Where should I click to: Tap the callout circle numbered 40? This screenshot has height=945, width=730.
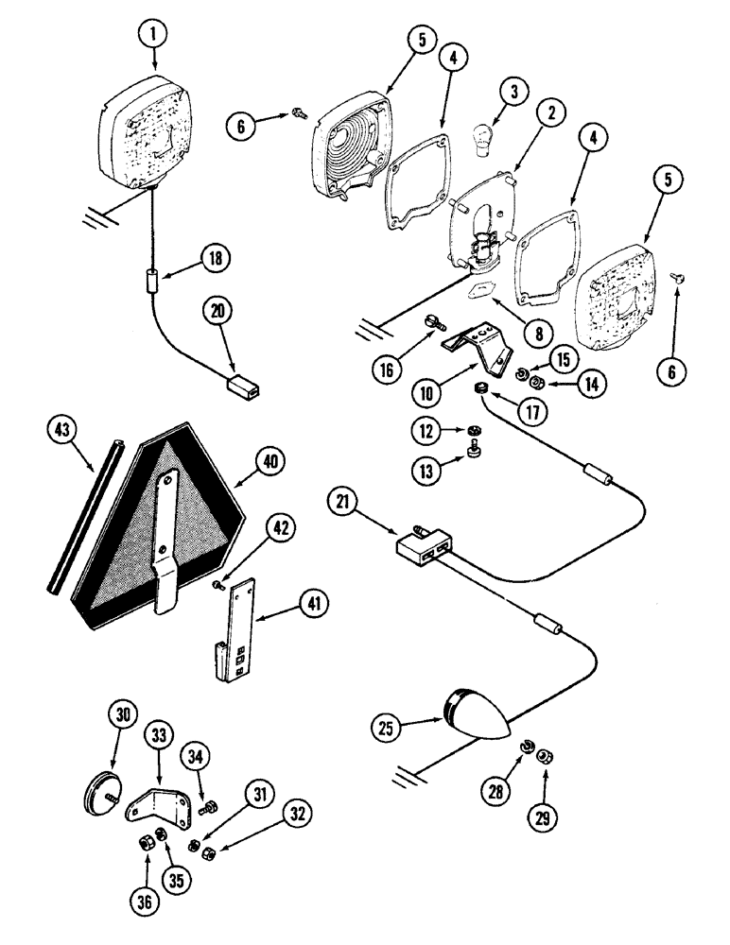click(269, 460)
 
